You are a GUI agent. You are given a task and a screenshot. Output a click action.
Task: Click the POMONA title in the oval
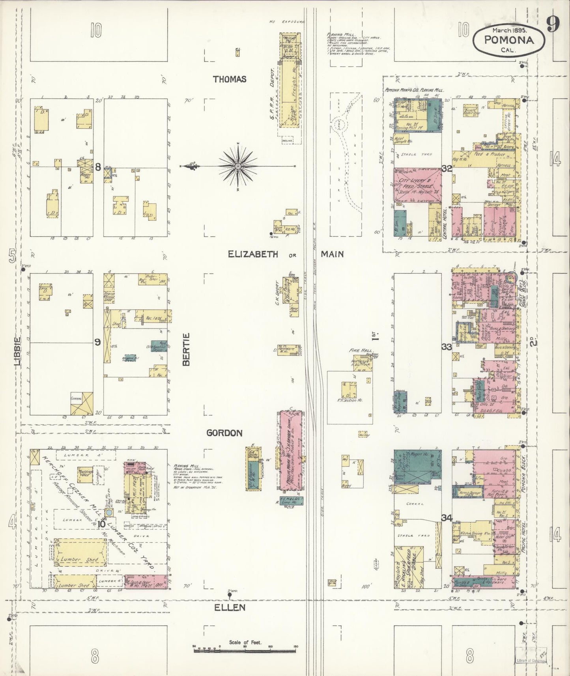[509, 40]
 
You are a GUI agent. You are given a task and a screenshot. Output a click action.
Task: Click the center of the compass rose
[238, 167]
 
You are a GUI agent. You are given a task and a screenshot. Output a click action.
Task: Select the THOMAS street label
[230, 79]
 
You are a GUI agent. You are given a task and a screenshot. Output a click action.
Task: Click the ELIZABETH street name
[253, 254]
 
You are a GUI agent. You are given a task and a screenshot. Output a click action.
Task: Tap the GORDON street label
[224, 433]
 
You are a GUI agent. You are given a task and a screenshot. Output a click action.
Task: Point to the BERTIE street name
[187, 349]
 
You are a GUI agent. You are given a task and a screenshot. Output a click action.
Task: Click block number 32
[447, 168]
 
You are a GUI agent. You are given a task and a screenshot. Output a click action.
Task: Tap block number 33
[447, 347]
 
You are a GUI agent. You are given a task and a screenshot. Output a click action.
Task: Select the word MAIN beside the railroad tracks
[332, 254]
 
